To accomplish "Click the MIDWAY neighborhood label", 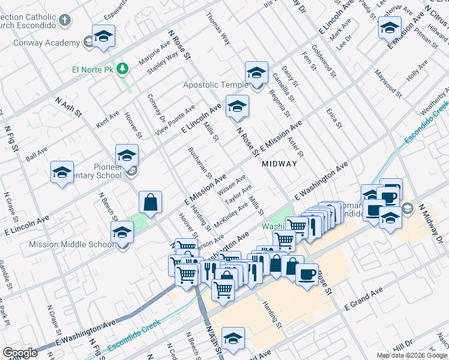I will (x=279, y=163).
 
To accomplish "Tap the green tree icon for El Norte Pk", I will (x=122, y=68).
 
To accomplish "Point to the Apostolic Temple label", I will (x=216, y=85).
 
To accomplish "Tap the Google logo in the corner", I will (x=20, y=353).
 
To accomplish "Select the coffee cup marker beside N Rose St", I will (x=306, y=275).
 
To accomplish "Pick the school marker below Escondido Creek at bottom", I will (x=234, y=338).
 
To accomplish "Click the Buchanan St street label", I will (x=200, y=162).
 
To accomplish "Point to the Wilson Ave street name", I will (x=232, y=184).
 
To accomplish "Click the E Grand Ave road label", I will (x=364, y=299).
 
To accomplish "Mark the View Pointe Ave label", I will (x=175, y=119).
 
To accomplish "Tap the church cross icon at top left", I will (x=65, y=20).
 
